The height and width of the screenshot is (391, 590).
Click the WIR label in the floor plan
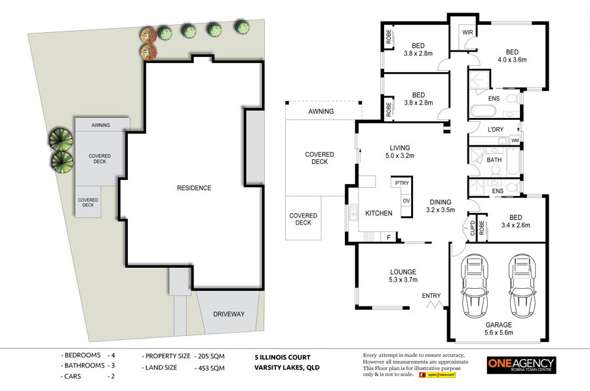coord(467,32)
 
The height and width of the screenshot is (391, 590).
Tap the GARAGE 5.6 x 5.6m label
coord(499,328)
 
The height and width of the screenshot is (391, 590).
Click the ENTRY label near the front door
coord(431,296)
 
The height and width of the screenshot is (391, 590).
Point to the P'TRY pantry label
coord(402,183)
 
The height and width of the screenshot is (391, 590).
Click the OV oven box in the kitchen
coord(406,201)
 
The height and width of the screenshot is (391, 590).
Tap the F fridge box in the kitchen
coord(389,237)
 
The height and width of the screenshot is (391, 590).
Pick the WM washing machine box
coord(515,140)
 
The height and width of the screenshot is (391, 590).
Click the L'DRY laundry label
coord(496,129)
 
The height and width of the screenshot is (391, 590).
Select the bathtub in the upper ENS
coord(482,111)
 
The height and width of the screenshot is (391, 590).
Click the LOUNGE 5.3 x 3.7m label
coord(403,276)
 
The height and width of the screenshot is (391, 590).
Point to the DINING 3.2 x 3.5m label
coord(441,206)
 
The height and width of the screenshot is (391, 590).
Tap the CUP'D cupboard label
coord(473,228)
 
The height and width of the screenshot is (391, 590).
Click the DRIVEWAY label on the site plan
coord(229,314)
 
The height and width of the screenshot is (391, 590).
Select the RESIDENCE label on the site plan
coord(194,188)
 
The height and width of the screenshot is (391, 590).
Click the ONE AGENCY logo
coord(521,365)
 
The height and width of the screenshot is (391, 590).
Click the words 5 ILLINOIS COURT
coord(283,357)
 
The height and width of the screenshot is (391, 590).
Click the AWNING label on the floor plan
coord(321,111)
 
